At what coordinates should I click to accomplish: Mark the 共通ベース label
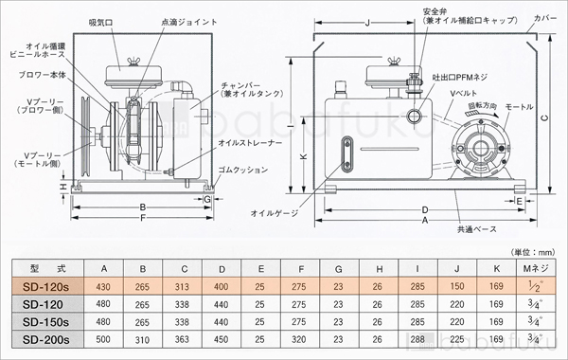click(479, 229)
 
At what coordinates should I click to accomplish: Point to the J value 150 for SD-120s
click(457, 286)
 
